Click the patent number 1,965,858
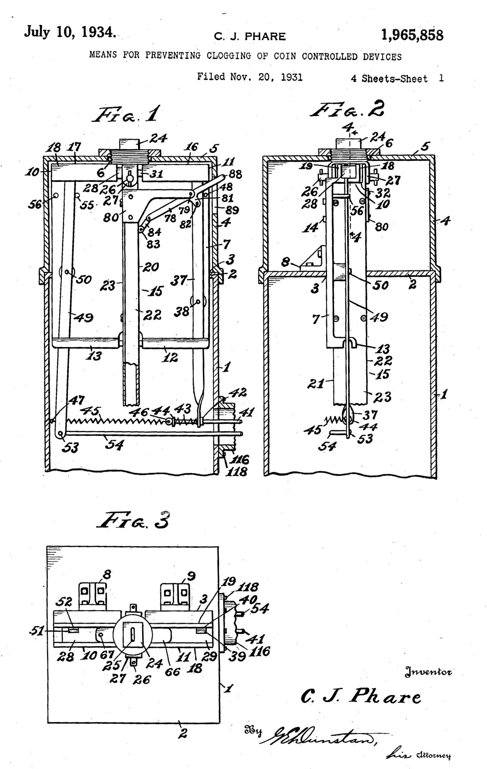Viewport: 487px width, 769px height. pyautogui.click(x=412, y=35)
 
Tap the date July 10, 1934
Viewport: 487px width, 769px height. pyautogui.click(x=70, y=32)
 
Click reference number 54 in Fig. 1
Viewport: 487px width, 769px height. pyautogui.click(x=114, y=444)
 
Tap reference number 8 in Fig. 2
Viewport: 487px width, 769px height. pyautogui.click(x=285, y=262)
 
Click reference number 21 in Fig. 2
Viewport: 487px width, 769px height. pyautogui.click(x=316, y=383)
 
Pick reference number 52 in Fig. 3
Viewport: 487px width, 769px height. pyautogui.click(x=64, y=602)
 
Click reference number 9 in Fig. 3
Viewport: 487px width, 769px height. pyautogui.click(x=191, y=576)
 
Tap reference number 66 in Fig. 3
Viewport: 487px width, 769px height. pyautogui.click(x=172, y=672)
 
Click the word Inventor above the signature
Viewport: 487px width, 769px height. pyautogui.click(x=428, y=672)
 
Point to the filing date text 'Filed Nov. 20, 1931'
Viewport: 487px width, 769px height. pyautogui.click(x=249, y=77)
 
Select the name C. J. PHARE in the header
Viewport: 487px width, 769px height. pyautogui.click(x=250, y=37)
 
